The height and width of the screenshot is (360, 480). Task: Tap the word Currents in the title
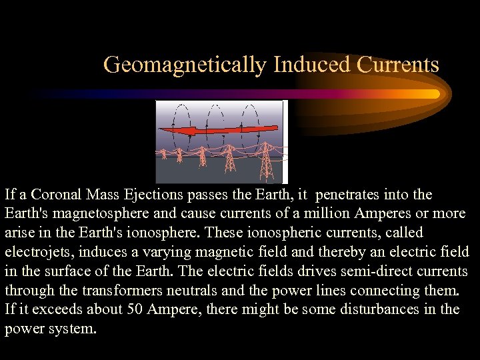coord(398,65)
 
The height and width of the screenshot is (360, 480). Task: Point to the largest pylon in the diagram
coord(265,160)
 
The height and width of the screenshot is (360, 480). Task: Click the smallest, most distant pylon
coord(163,154)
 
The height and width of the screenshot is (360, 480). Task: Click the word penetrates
coord(348,195)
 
